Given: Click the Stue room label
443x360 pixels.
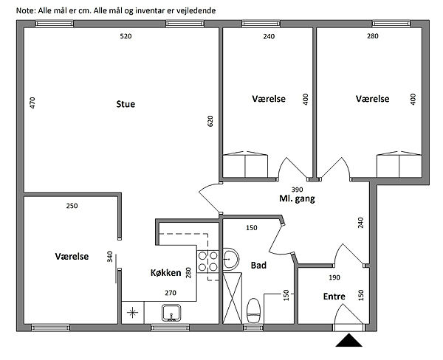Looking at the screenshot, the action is point(126,104).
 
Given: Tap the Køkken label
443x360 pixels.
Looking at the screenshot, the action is point(166,273).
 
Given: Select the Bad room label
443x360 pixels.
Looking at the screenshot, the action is point(258,265).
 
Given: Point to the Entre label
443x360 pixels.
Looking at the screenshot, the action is point(334,296).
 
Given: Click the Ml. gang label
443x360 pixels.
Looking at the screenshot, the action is point(297,198).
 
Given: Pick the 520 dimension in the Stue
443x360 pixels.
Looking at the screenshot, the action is point(126,36).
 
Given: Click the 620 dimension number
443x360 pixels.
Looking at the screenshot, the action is point(210,121).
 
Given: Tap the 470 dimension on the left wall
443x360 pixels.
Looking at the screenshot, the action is point(32,103).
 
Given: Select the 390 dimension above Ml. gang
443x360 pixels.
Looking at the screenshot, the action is point(297,190).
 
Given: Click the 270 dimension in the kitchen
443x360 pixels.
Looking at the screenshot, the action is point(171,293).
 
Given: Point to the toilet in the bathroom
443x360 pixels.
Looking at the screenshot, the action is point(253,311).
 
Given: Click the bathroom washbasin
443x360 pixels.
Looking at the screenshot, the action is point(231,259).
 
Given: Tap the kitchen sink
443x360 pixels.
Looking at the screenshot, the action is point(171,313).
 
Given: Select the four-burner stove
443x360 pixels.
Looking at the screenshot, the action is point(208,261).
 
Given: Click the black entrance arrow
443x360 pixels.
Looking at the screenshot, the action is point(349,340).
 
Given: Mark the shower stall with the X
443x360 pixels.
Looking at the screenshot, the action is point(233,298).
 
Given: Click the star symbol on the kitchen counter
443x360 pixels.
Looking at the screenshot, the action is point(132,313).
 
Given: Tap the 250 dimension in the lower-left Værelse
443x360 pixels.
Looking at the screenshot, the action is point(72,206).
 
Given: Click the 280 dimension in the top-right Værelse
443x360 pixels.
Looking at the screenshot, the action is point(373,36).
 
